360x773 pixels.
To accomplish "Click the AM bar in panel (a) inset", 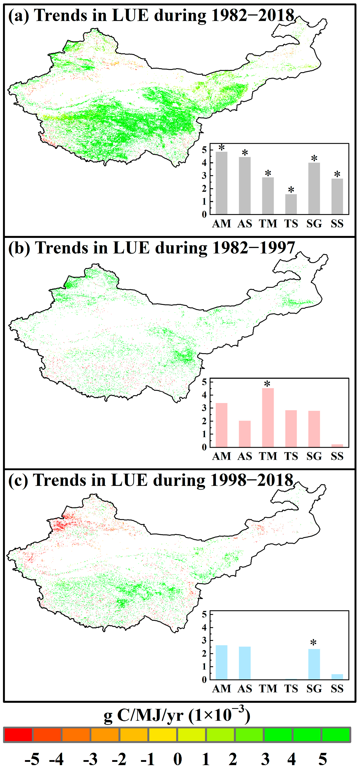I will click(221, 183).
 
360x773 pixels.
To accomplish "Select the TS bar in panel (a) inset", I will click(291, 204).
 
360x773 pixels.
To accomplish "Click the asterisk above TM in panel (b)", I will click(267, 384).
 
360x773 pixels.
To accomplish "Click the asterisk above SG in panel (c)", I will click(313, 643).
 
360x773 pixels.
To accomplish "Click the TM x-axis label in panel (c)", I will click(268, 688).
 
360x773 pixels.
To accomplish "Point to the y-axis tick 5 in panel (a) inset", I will click(204, 149).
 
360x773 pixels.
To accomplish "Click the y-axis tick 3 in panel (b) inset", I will click(204, 408).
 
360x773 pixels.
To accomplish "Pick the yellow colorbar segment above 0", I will click(163, 735).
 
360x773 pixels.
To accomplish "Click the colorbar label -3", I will click(90, 759).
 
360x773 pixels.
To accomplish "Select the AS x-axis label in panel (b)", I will click(245, 456).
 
